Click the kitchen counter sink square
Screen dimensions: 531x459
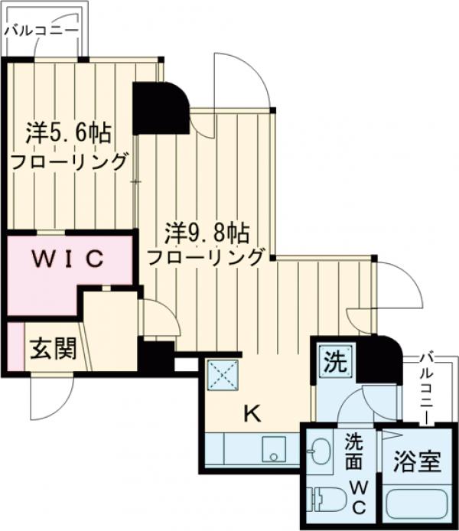click(x=273, y=449)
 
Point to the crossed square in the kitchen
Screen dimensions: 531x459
click(x=224, y=375)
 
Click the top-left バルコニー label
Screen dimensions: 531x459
click(x=40, y=30)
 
